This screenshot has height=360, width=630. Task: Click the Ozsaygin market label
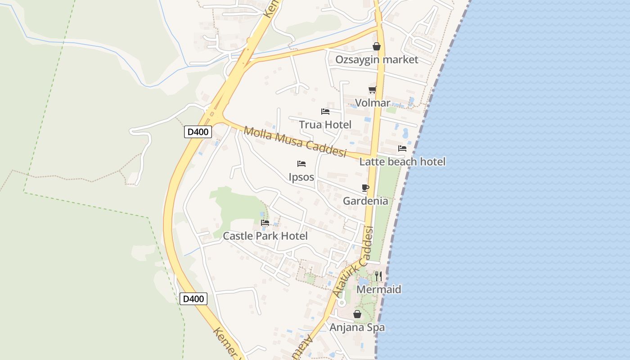click(x=377, y=60)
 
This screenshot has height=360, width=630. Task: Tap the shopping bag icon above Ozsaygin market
click(x=376, y=46)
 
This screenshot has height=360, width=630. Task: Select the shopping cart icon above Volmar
click(x=372, y=90)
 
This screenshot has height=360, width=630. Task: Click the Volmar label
click(x=372, y=103)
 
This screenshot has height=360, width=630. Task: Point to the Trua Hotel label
click(x=325, y=125)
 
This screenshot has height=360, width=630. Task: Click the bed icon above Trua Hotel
click(x=325, y=111)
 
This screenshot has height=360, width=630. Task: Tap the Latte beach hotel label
click(x=402, y=162)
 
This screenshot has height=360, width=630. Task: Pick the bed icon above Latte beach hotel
click(x=402, y=148)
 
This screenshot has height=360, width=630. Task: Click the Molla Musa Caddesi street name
click(x=295, y=142)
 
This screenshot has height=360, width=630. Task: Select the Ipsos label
click(x=301, y=177)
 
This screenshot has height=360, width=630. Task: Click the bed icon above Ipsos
click(x=301, y=163)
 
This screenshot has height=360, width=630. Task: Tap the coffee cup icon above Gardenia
click(x=365, y=188)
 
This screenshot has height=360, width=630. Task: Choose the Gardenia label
click(x=365, y=201)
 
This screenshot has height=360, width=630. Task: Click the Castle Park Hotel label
click(x=265, y=236)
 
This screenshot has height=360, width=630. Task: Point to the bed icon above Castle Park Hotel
click(x=265, y=222)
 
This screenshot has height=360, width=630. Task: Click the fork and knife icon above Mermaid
click(x=378, y=276)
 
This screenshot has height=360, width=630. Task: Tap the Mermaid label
click(x=378, y=289)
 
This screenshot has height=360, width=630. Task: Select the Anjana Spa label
click(x=357, y=327)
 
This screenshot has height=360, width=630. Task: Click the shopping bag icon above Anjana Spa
click(x=357, y=314)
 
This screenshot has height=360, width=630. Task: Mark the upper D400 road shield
click(x=198, y=132)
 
